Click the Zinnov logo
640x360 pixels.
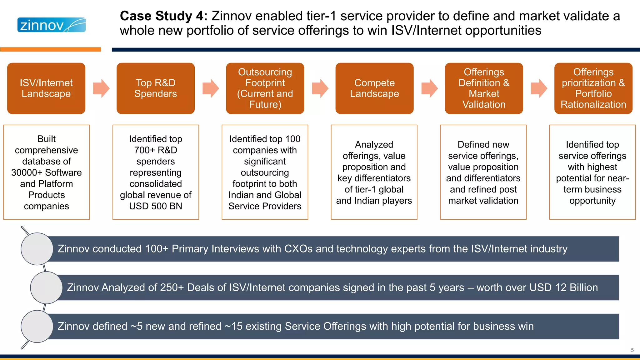pyautogui.click(x=51, y=25)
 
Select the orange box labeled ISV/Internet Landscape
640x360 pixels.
pyautogui.click(x=46, y=88)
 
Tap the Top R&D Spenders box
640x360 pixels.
pyautogui.click(x=156, y=88)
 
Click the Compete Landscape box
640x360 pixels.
pyautogui.click(x=374, y=88)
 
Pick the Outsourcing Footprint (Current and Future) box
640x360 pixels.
pyautogui.click(x=265, y=88)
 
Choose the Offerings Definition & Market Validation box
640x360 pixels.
pyautogui.click(x=484, y=88)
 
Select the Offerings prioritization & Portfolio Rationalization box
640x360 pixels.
pyautogui.click(x=593, y=88)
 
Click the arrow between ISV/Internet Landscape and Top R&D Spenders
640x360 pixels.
pyautogui.click(x=101, y=88)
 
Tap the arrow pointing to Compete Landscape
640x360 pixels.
pyautogui.click(x=320, y=88)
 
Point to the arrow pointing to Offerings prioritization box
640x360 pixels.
pyautogui.click(x=539, y=88)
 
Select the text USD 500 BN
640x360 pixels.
pyautogui.click(x=156, y=206)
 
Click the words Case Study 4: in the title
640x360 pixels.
pyautogui.click(x=163, y=16)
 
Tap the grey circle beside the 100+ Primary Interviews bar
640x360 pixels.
pyautogui.click(x=37, y=249)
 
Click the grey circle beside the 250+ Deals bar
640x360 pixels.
pyautogui.click(x=46, y=287)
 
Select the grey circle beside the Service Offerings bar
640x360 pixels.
pyautogui.click(x=37, y=326)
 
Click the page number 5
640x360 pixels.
pyautogui.click(x=632, y=350)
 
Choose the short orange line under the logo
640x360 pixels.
pyautogui.click(x=50, y=49)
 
